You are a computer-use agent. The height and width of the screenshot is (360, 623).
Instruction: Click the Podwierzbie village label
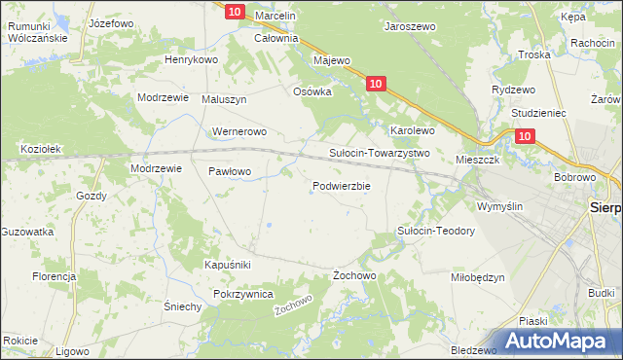[341, 187]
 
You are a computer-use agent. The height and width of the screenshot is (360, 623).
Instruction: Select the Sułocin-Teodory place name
[435, 231]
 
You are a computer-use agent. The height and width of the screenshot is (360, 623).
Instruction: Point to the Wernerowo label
[238, 131]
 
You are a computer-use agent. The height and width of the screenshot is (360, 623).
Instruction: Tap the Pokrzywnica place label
[247, 294]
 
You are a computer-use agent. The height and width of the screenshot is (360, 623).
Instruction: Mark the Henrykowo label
[191, 59]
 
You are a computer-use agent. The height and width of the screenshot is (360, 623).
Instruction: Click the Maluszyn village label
[225, 99]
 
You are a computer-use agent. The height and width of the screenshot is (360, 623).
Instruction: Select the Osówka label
[313, 91]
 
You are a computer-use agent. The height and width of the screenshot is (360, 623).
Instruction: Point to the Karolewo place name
[412, 129]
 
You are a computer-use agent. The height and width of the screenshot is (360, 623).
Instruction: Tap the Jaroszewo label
[410, 28]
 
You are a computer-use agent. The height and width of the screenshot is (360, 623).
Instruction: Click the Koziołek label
[41, 149]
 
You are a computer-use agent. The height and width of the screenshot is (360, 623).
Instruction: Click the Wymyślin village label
[499, 206]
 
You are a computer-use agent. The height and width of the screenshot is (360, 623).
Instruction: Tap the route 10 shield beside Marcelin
[234, 12]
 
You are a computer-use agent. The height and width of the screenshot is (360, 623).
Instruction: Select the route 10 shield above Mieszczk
[525, 138]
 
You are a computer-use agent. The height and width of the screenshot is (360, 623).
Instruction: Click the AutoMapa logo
[562, 341]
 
